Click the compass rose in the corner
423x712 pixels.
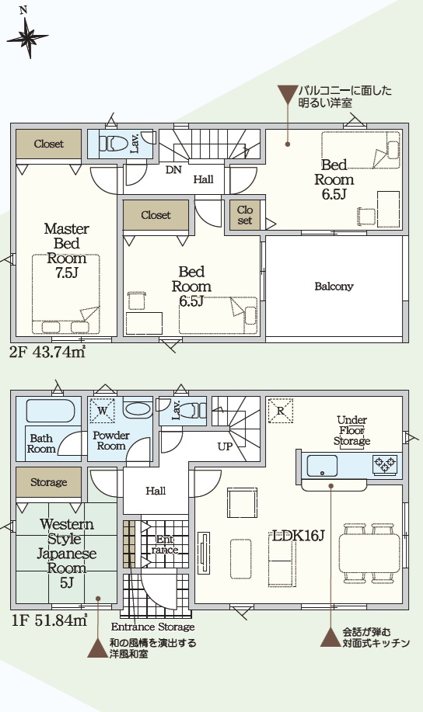[27, 37]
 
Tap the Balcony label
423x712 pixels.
[334, 287]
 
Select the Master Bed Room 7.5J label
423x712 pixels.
[66, 251]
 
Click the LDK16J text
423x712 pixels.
[298, 536]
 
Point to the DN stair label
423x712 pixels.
[173, 170]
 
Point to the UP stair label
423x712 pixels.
[225, 446]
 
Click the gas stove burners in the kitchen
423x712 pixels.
[385, 464]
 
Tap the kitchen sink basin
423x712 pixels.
[323, 465]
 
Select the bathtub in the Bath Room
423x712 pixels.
[50, 411]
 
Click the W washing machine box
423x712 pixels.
[103, 411]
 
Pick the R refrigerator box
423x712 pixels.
[281, 411]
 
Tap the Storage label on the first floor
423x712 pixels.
[49, 482]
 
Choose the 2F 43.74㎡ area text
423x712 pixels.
[47, 352]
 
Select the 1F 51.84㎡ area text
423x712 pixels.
[49, 620]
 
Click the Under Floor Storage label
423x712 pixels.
[352, 430]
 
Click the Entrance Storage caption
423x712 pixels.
[153, 627]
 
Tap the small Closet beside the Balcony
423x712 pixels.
[245, 215]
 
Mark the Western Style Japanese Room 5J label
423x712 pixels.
[66, 553]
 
